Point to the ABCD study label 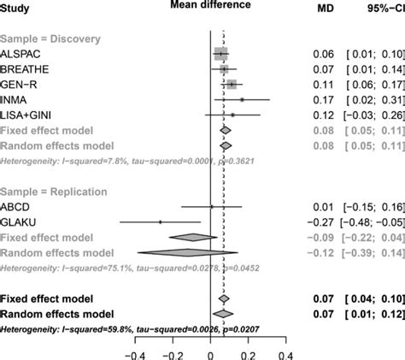17,206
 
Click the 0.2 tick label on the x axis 248,351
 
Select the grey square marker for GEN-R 232,85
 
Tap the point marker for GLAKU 160,221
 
